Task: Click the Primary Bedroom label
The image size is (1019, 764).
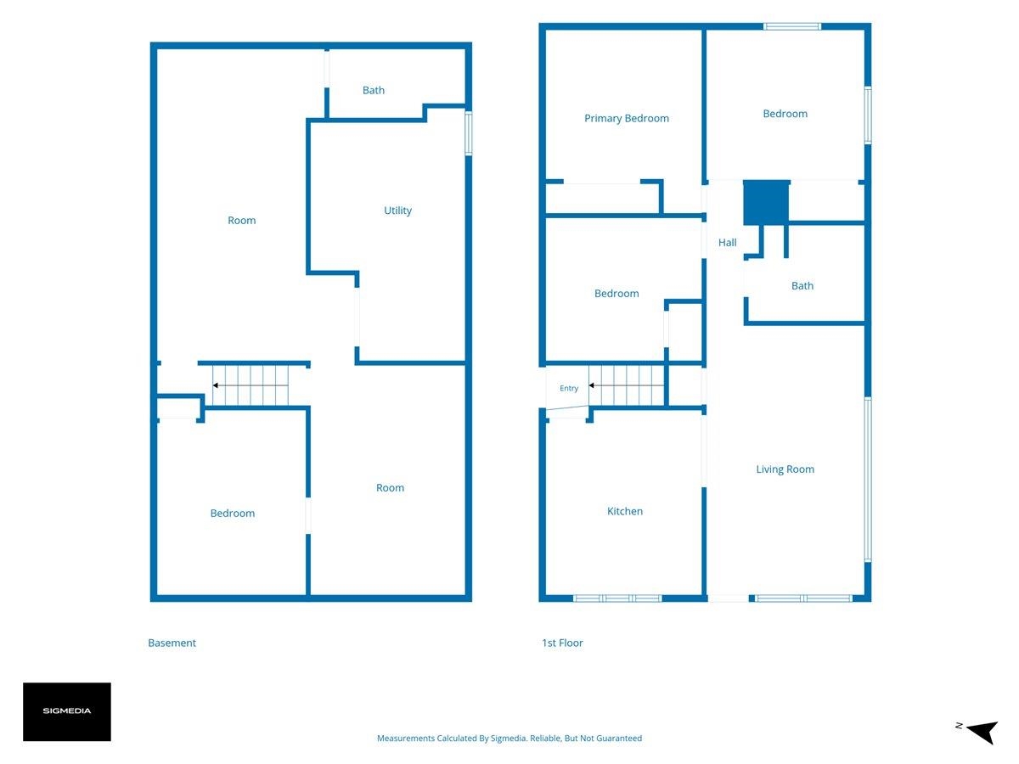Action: (626, 118)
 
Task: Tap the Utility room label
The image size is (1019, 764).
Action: (397, 211)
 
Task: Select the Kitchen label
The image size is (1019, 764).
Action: (625, 511)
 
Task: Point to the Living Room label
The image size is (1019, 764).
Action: (785, 469)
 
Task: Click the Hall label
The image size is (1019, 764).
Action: (727, 243)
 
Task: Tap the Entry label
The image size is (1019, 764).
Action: (569, 388)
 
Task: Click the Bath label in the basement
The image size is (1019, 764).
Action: (374, 90)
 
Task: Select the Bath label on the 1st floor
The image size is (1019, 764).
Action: (802, 286)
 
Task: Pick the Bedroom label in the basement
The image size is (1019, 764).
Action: (232, 513)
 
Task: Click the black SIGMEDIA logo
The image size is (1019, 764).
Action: (67, 711)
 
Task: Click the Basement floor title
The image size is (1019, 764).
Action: (172, 643)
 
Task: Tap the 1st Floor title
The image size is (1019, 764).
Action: (562, 643)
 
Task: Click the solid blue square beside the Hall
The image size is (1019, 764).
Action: (766, 203)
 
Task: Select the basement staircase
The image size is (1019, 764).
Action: (251, 385)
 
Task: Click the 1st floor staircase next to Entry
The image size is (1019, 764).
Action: (626, 385)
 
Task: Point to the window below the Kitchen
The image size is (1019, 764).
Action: (617, 598)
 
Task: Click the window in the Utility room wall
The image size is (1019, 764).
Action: (469, 133)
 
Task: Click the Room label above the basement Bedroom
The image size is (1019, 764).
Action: (241, 221)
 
